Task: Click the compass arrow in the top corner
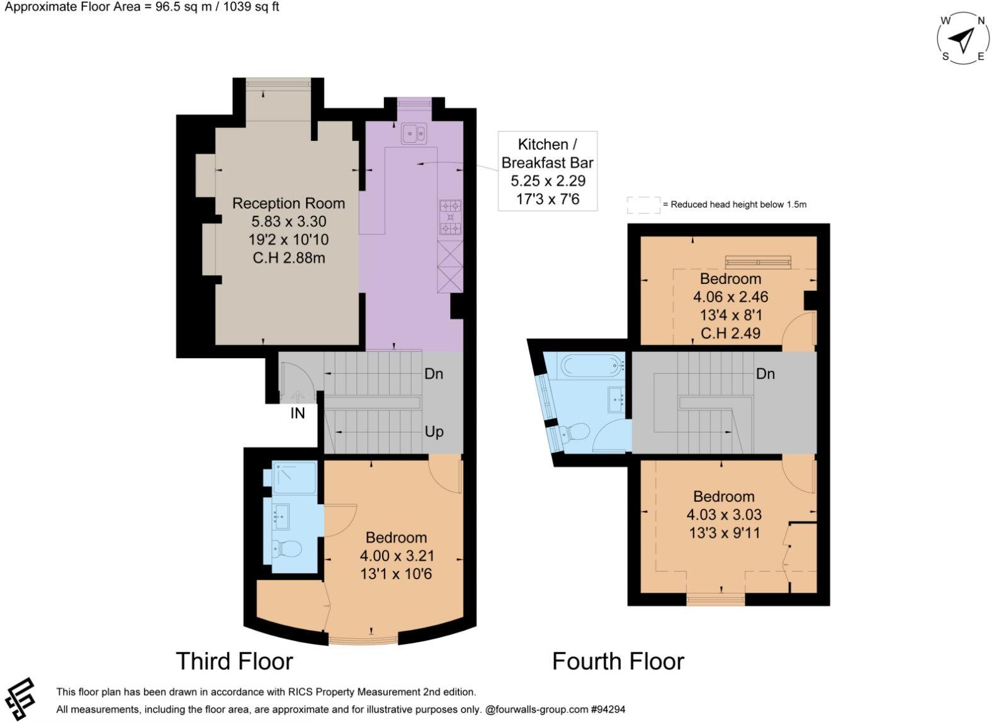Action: (961, 40)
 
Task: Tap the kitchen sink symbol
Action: (414, 133)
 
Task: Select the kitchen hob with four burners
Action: (450, 217)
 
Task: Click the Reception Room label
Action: (288, 203)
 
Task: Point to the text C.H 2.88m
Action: (288, 257)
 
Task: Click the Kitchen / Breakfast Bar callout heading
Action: (547, 153)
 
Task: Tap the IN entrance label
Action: (297, 414)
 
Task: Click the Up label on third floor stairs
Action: (434, 432)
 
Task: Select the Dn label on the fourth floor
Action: (765, 374)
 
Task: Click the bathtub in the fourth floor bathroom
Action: (591, 365)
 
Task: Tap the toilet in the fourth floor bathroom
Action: (574, 432)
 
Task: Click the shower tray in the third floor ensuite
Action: (294, 475)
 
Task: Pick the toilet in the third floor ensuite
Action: (287, 549)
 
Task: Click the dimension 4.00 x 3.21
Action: (397, 556)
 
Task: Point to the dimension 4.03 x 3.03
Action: (724, 515)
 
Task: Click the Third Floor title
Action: (234, 662)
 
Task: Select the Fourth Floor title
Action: (618, 662)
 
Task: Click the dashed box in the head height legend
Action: (643, 205)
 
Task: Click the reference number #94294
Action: (608, 709)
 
